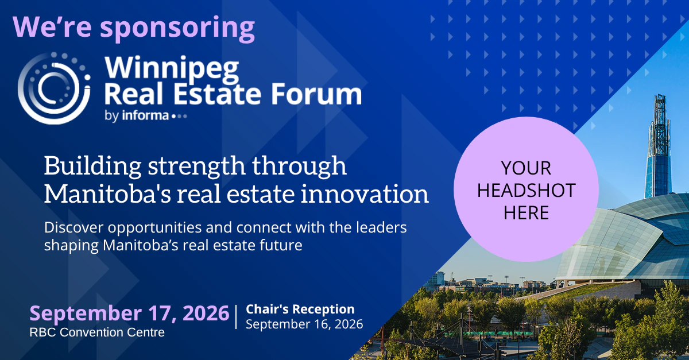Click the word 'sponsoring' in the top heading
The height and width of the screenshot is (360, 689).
(177, 29)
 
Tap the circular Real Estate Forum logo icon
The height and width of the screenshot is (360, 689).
(54, 88)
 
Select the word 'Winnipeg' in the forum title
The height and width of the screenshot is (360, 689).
(172, 69)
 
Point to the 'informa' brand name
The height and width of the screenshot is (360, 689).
(145, 115)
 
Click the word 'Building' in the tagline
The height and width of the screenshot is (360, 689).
(92, 166)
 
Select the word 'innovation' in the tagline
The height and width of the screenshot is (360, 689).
(365, 194)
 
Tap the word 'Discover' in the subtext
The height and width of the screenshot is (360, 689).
(74, 228)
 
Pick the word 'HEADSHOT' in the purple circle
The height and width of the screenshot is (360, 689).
(527, 190)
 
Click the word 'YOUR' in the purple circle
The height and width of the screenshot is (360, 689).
(526, 168)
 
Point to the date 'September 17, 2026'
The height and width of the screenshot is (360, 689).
(129, 313)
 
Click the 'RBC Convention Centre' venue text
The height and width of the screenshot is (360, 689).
(97, 332)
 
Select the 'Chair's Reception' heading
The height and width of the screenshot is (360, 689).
(300, 309)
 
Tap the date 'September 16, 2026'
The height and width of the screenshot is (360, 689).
(304, 324)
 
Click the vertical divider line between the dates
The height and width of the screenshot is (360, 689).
(236, 317)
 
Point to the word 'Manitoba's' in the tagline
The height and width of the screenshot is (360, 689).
(107, 194)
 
